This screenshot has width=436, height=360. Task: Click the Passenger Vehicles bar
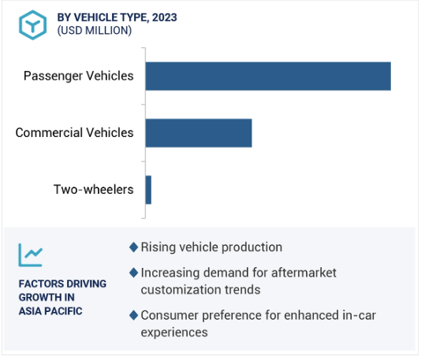268,76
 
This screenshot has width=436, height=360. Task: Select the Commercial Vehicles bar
199,133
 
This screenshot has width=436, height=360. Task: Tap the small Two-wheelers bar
148,190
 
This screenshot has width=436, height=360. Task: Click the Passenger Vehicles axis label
78,76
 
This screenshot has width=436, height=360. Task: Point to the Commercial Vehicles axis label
75,133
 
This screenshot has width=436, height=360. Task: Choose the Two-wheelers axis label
93,189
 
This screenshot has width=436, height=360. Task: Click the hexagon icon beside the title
33,25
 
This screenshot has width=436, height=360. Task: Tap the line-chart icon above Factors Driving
31,255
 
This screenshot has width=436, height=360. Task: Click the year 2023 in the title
165,17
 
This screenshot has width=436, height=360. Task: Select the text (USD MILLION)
95,31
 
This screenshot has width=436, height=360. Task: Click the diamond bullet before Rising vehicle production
134,247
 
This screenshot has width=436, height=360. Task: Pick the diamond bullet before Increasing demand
134,273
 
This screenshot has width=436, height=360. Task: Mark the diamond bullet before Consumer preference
134,315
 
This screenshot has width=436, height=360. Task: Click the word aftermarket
304,273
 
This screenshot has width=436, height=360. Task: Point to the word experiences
174,333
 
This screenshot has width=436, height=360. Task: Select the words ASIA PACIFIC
50,311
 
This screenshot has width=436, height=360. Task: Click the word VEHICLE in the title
93,17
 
